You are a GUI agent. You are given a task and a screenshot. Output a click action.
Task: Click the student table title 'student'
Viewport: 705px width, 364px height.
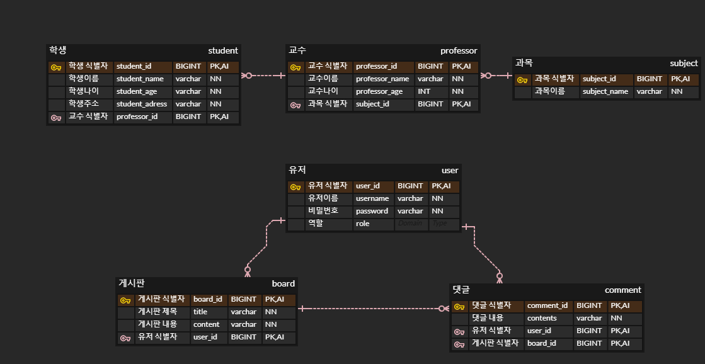click(x=223, y=50)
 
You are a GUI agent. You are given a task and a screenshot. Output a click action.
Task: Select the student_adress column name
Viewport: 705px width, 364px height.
click(x=142, y=104)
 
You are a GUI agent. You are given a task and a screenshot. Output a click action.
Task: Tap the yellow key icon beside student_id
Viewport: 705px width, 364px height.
click(x=56, y=67)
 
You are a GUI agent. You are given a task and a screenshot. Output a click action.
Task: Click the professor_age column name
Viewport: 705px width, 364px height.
click(x=379, y=91)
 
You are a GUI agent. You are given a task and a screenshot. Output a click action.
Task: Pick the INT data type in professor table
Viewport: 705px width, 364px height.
click(x=424, y=91)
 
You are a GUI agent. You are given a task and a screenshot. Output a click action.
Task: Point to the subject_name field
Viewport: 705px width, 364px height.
click(x=605, y=91)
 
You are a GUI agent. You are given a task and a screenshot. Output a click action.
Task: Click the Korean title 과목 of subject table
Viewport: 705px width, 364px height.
click(x=524, y=63)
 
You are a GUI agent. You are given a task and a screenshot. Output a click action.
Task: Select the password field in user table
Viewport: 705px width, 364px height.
click(x=372, y=211)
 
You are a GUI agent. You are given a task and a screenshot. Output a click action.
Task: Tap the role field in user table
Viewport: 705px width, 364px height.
click(x=362, y=224)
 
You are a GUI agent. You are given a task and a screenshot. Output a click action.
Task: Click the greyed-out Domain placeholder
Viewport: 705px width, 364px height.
click(x=410, y=224)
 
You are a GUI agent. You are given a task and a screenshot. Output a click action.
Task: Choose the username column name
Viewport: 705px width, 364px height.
click(x=372, y=198)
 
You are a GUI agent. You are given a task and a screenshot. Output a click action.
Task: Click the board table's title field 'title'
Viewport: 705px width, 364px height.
click(x=200, y=312)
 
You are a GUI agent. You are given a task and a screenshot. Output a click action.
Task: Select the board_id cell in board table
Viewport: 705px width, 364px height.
click(x=208, y=299)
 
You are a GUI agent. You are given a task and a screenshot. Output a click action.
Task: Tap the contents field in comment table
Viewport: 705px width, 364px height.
click(x=542, y=318)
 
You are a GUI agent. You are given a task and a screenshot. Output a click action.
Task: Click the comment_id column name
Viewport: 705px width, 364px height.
click(x=547, y=305)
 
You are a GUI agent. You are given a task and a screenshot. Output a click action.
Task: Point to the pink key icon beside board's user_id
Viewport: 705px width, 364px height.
click(x=125, y=338)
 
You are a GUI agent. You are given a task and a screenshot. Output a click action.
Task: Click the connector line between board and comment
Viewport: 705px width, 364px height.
click(x=372, y=309)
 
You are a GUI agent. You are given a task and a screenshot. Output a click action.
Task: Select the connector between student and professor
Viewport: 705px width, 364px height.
click(x=263, y=76)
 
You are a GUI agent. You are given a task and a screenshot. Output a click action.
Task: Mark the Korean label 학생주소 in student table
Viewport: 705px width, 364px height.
click(x=84, y=104)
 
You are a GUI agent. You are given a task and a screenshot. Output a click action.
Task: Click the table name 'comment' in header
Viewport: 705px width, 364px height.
click(x=622, y=290)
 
